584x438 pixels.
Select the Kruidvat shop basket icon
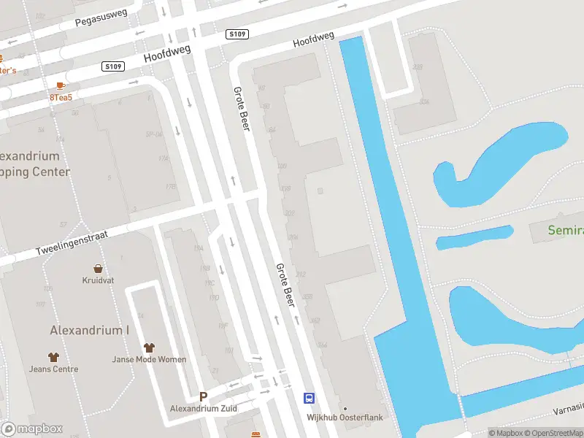click(97, 269)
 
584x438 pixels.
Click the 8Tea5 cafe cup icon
click(60, 85)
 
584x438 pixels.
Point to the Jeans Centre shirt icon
click(53, 357)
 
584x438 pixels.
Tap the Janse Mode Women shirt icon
click(149, 348)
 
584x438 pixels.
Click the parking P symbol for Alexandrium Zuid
click(204, 396)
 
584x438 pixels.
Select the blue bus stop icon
click(310, 398)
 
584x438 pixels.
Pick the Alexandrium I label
click(89, 330)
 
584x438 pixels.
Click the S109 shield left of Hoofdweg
click(114, 66)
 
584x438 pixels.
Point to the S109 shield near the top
click(237, 34)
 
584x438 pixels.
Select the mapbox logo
click(31, 429)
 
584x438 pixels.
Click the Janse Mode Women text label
click(149, 359)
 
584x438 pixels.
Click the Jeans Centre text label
click(53, 369)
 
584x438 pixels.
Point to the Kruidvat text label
click(97, 280)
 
